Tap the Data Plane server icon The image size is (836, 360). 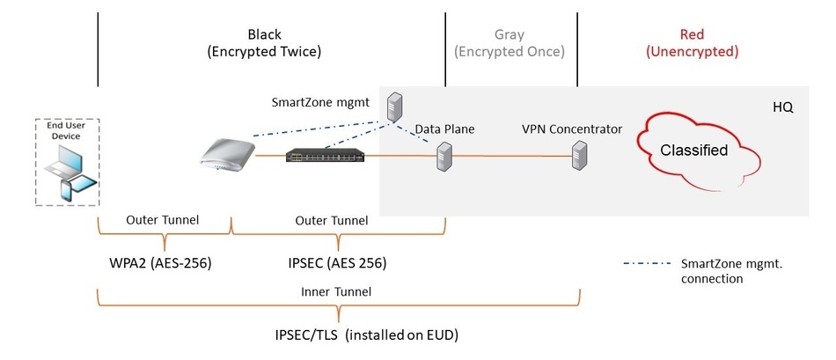(444, 158)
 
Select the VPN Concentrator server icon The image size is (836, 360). (578, 158)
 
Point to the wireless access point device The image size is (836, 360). (226, 153)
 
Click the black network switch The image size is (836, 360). (326, 156)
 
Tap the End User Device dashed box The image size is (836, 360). (66, 162)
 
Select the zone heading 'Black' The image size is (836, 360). (264, 35)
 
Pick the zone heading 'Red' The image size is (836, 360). (692, 35)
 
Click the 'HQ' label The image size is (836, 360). (782, 107)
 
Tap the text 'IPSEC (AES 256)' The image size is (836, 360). (339, 262)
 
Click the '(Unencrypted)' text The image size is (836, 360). (692, 52)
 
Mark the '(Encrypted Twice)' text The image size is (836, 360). (264, 52)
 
